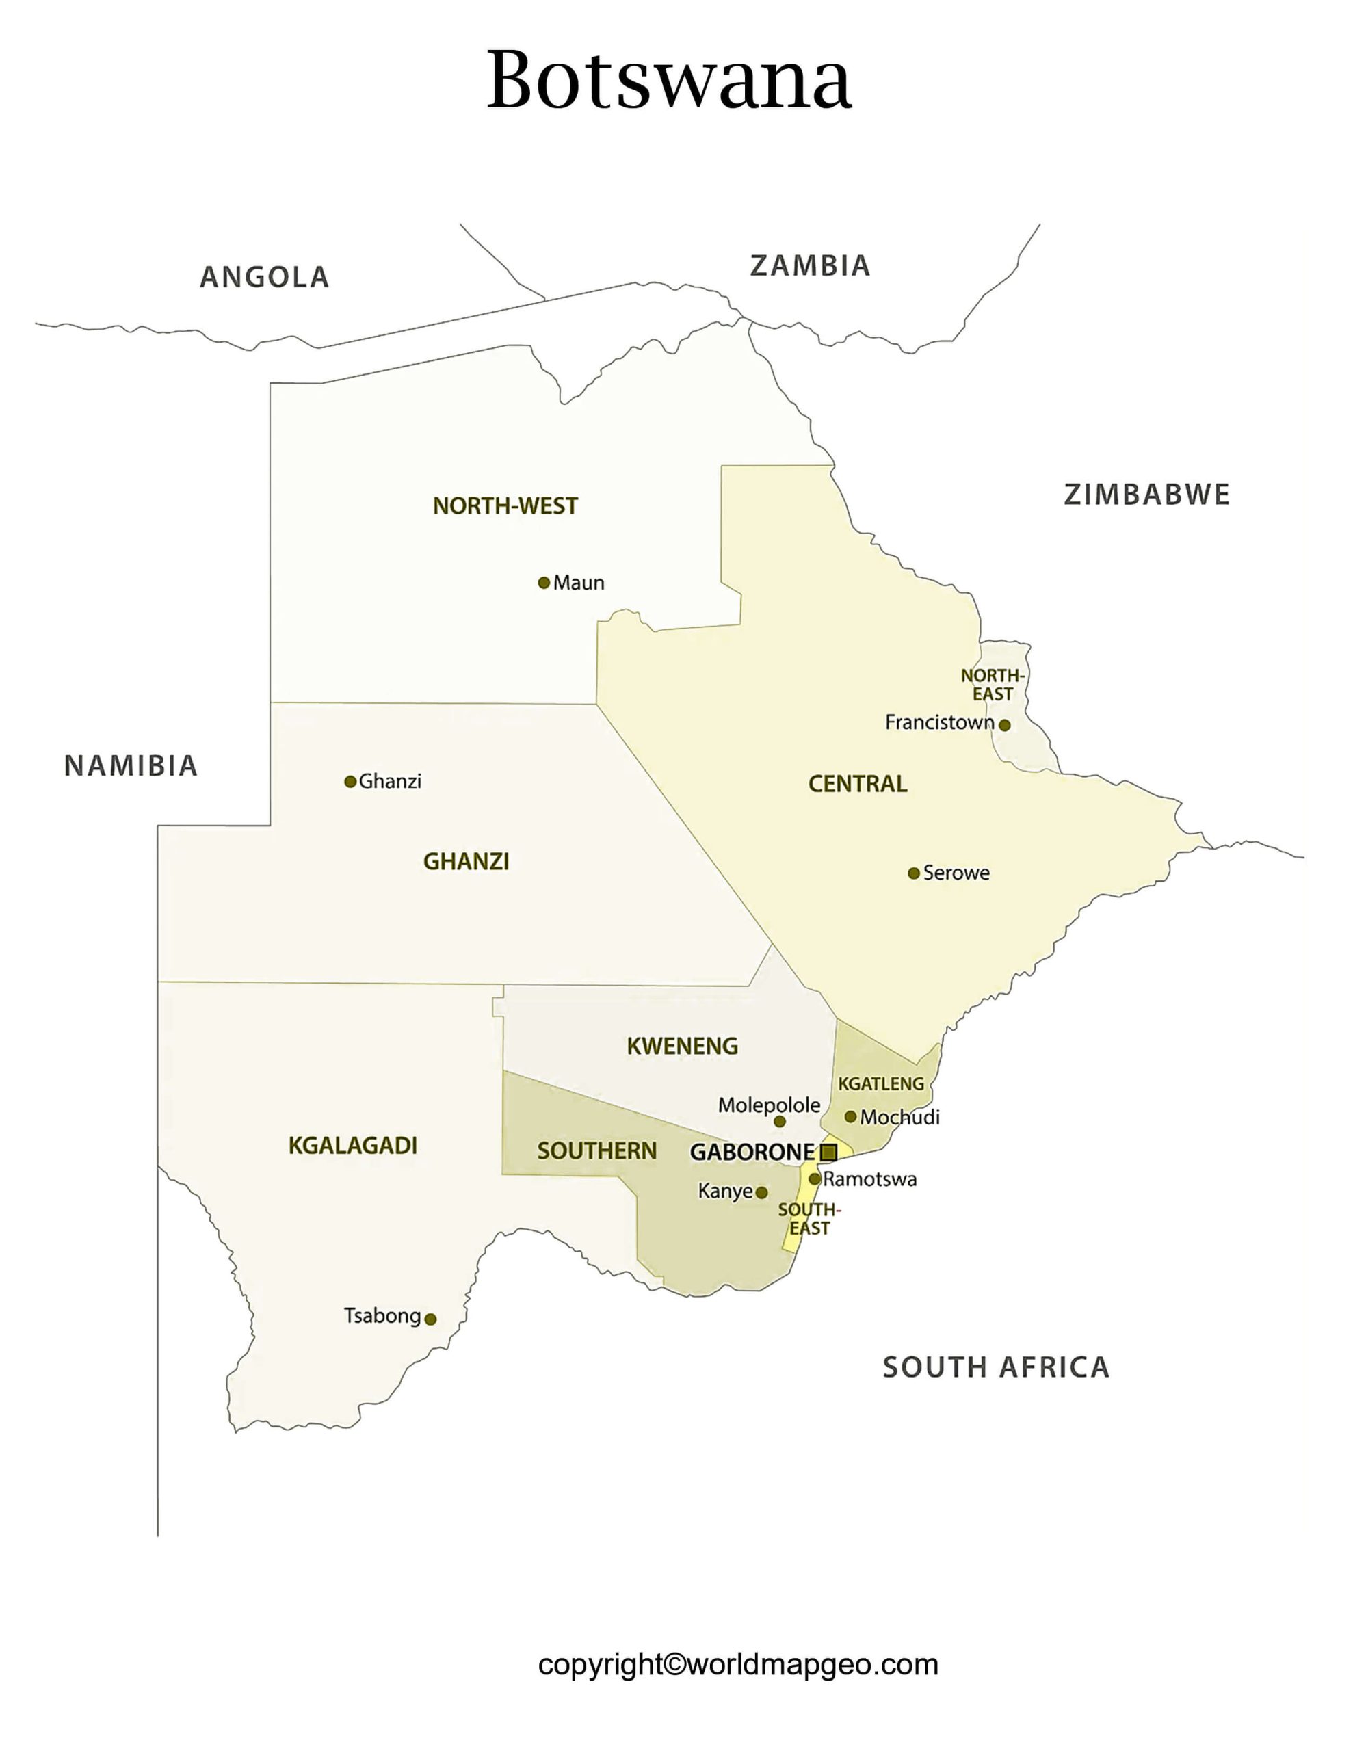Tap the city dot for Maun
click(x=544, y=583)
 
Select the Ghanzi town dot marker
click(x=350, y=782)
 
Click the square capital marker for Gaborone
click(x=829, y=1153)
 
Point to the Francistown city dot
click(x=1004, y=726)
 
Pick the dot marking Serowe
click(x=913, y=873)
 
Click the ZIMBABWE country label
click(x=1146, y=495)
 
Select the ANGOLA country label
click(x=264, y=278)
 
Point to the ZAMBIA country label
click(x=809, y=265)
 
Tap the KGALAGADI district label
click(x=352, y=1146)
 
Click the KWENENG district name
click(x=682, y=1046)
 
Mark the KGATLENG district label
click(x=880, y=1084)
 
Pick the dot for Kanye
click(x=761, y=1193)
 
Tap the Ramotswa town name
click(x=869, y=1179)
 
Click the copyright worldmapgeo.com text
click(x=738, y=1664)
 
